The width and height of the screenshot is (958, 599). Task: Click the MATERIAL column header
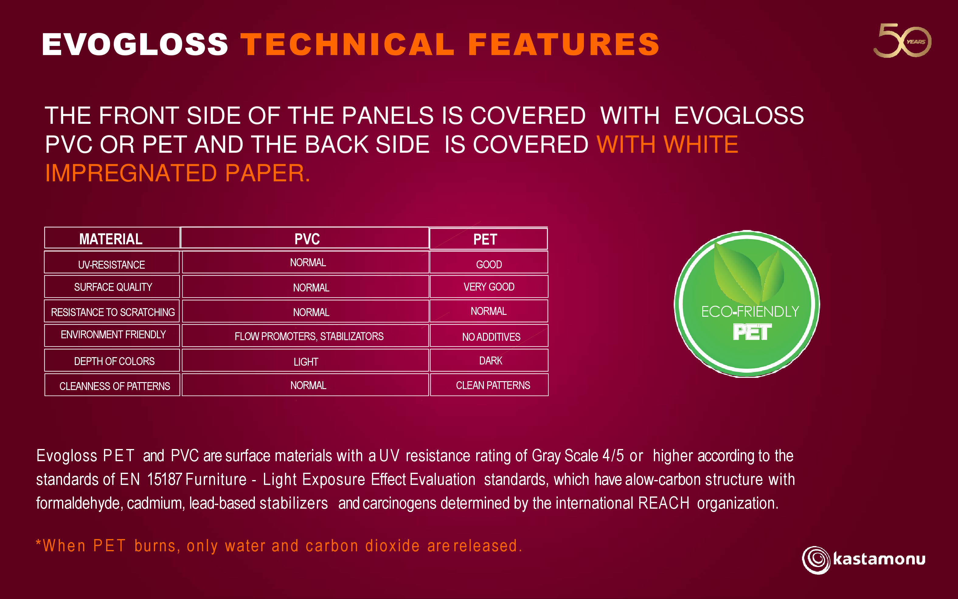pyautogui.click(x=111, y=239)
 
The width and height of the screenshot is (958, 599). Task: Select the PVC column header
pyautogui.click(x=307, y=239)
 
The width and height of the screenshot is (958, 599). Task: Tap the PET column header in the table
pyautogui.click(x=485, y=239)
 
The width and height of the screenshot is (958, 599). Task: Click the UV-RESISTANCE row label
pyautogui.click(x=111, y=265)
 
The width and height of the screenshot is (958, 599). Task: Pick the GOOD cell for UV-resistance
pyautogui.click(x=489, y=264)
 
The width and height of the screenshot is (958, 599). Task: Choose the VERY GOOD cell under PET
pyautogui.click(x=489, y=287)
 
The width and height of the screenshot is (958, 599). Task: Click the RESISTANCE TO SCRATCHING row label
pyautogui.click(x=113, y=312)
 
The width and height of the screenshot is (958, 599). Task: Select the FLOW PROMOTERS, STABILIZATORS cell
pyautogui.click(x=309, y=336)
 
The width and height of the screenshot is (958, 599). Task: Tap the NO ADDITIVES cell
pyautogui.click(x=491, y=337)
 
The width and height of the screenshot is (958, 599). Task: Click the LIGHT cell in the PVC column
pyautogui.click(x=306, y=362)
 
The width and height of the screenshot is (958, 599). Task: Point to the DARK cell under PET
pyautogui.click(x=491, y=360)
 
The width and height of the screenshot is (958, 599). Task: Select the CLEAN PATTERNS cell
pyautogui.click(x=493, y=385)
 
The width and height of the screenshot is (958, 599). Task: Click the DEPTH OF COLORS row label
pyautogui.click(x=114, y=361)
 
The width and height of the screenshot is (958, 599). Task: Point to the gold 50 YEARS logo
pyautogui.click(x=902, y=40)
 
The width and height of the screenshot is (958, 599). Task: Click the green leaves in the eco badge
pyautogui.click(x=748, y=273)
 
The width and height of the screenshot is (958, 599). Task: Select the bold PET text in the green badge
pyautogui.click(x=752, y=332)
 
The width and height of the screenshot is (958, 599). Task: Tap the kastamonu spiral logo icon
pyautogui.click(x=816, y=560)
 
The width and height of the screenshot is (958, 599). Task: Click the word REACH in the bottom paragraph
pyautogui.click(x=664, y=503)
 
